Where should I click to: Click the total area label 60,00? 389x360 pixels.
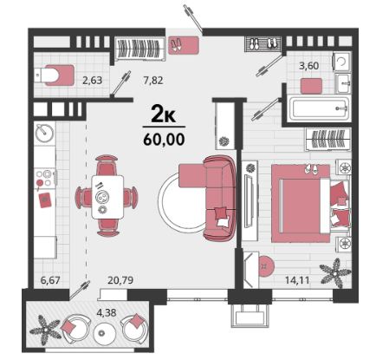164,140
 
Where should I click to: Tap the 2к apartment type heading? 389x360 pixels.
164,115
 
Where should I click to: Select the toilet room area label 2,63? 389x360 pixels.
93,80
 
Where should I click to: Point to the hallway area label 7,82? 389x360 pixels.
153,80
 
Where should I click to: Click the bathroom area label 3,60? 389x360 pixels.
309,66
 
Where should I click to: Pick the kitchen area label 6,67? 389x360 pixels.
50,280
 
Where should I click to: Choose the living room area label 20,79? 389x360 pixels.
120,280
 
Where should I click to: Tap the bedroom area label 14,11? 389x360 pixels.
297,280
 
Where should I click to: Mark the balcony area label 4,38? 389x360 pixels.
107,312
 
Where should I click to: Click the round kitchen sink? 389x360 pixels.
44,133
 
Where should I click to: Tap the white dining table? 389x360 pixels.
107,197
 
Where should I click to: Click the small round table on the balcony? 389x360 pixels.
101,333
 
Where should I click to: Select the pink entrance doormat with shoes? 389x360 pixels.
184,45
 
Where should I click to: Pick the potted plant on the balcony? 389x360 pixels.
45,331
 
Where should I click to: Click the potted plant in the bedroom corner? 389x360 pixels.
335,272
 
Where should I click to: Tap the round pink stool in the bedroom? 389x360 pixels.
265,265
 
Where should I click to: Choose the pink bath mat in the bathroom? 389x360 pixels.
311,86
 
